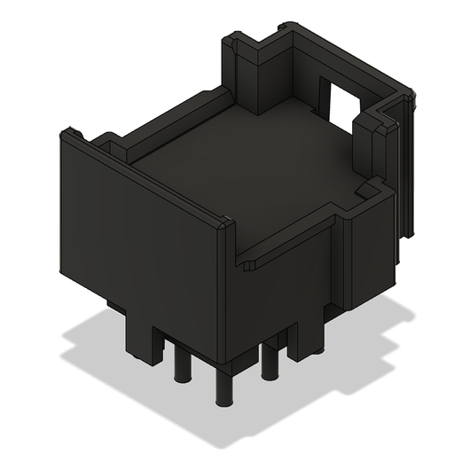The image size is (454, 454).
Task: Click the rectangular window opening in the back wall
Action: [338, 100]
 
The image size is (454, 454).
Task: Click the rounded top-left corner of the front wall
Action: [67, 135]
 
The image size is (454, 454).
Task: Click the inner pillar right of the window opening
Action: [365, 146]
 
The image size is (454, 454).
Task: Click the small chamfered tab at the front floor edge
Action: [251, 263]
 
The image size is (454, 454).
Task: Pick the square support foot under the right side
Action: [306, 337]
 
